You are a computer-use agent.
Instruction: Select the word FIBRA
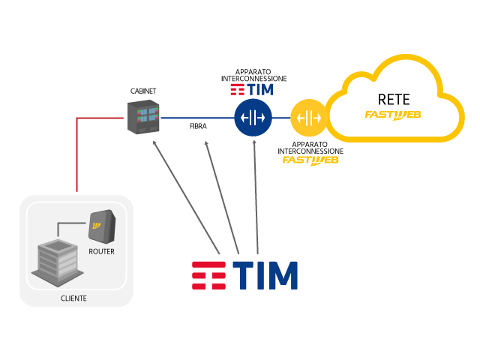pos(198,127)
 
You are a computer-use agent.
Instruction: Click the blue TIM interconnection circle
pos(253,118)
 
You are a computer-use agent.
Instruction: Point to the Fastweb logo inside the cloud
pos(393,115)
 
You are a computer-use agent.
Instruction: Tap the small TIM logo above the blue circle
pos(251,90)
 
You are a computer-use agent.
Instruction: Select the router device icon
pos(102,223)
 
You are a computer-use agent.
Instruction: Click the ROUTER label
pos(101,251)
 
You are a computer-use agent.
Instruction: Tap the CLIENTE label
pos(73,298)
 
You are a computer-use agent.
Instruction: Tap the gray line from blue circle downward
pos(255,195)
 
